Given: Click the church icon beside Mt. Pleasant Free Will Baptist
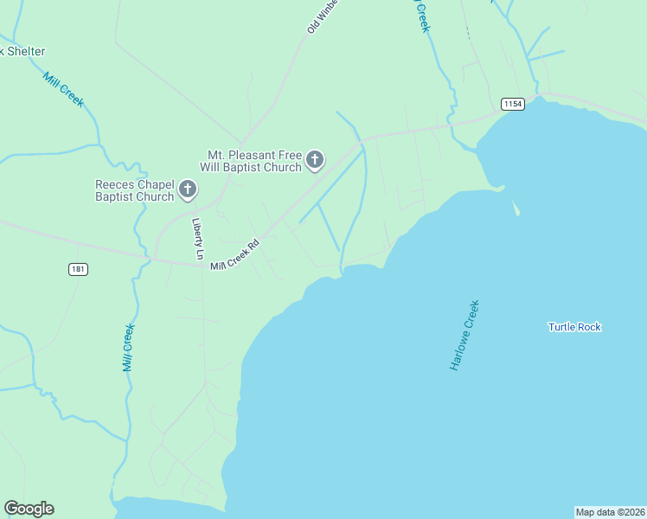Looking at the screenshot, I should (315, 159).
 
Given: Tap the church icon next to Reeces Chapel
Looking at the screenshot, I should (188, 189).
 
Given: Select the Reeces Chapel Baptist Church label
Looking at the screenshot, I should (134, 190).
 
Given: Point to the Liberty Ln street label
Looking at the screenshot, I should (197, 239).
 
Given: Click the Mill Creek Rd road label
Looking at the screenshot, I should (234, 254).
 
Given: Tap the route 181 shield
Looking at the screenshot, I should (78, 269).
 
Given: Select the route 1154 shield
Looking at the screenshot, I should (513, 104).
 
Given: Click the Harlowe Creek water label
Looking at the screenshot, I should (464, 336).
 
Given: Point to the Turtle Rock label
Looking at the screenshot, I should (574, 327).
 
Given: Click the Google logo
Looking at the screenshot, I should (29, 509).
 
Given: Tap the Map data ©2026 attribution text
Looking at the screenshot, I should (610, 511).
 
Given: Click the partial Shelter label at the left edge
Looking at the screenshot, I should (22, 52).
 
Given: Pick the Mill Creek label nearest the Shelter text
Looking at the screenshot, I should (63, 88).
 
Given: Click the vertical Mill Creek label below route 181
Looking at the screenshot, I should (128, 347).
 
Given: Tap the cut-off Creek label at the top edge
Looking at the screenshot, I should (421, 16).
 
